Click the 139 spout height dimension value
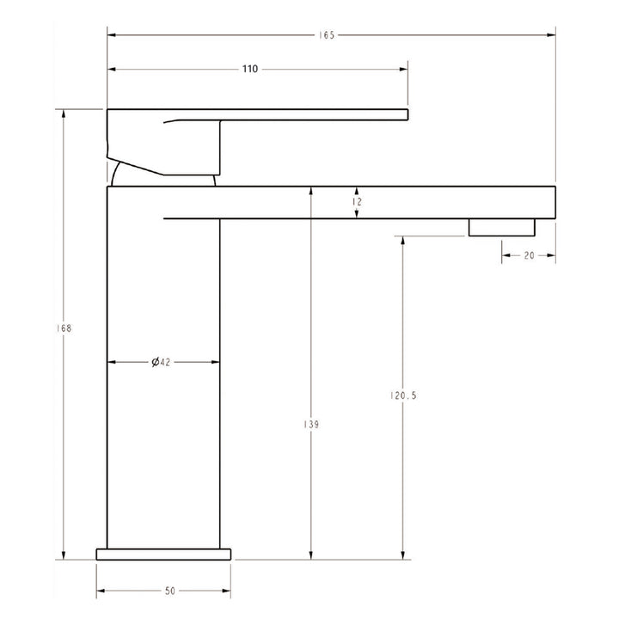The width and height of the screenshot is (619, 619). pyautogui.click(x=311, y=425)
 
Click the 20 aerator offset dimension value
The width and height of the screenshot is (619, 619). pyautogui.click(x=528, y=255)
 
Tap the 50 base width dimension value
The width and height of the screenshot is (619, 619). pyautogui.click(x=169, y=591)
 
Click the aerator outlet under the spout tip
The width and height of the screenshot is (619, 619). pyautogui.click(x=501, y=226)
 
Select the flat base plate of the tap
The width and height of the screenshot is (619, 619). pyautogui.click(x=164, y=553)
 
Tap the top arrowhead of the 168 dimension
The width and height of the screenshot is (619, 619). pyautogui.click(x=63, y=113)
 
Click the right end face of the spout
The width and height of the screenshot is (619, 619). pyautogui.click(x=555, y=202)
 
